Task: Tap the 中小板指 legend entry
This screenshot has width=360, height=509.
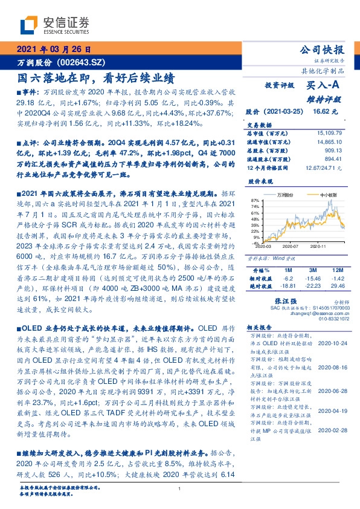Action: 329,195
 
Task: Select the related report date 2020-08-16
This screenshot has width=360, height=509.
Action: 330,367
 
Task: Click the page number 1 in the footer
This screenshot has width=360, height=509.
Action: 180,489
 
